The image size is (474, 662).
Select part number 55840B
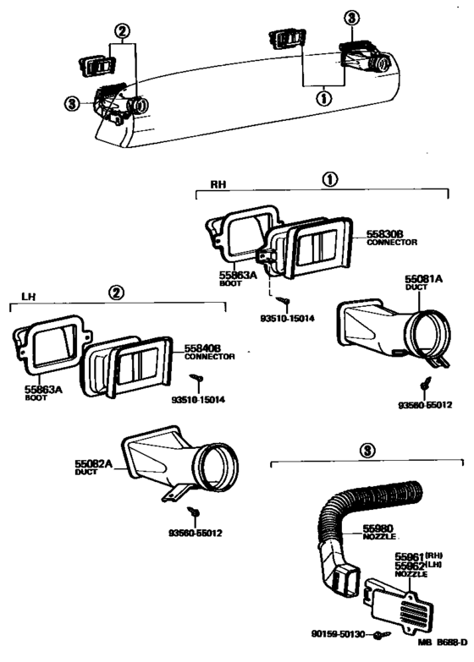tap(203, 347)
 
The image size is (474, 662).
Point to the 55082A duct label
tap(94, 464)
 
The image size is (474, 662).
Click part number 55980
tap(378, 528)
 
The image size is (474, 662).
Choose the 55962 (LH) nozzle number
tap(410, 565)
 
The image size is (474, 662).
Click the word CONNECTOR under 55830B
tap(392, 242)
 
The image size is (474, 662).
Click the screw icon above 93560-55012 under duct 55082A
tap(195, 512)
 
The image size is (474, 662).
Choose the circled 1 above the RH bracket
tap(329, 179)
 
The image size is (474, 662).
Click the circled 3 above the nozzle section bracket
tap(367, 451)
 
